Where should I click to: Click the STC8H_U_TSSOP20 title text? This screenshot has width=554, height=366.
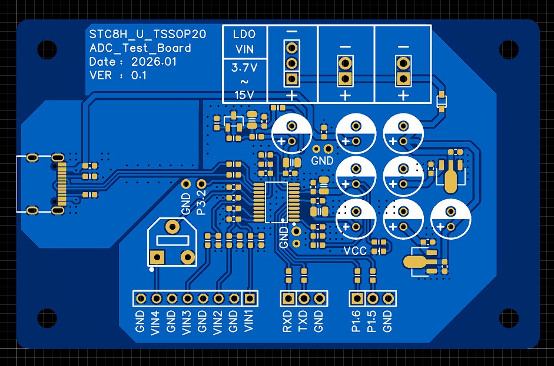pyautogui.click(x=148, y=34)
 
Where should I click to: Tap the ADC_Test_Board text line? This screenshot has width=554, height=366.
pyautogui.click(x=140, y=48)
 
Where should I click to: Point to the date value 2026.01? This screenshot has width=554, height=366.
pyautogui.click(x=154, y=62)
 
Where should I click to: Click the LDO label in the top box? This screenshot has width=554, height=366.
pyautogui.click(x=244, y=34)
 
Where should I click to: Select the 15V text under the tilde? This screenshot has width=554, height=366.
pyautogui.click(x=244, y=95)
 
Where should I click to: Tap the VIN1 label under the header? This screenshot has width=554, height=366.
pyautogui.click(x=249, y=321)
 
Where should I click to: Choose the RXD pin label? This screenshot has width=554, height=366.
pyautogui.click(x=288, y=321)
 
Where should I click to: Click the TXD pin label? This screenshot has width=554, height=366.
pyautogui.click(x=303, y=321)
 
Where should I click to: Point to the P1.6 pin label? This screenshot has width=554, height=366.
pyautogui.click(x=356, y=321)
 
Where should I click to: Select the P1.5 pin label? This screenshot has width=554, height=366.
pyautogui.click(x=371, y=321)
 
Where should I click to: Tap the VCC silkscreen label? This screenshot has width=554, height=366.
pyautogui.click(x=355, y=251)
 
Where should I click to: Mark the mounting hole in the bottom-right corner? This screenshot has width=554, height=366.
pyautogui.click(x=509, y=318)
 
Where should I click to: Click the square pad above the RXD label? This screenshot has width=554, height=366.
pyautogui.click(x=288, y=298)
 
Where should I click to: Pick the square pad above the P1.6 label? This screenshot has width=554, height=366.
pyautogui.click(x=357, y=298)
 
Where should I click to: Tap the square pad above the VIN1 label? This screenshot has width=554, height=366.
pyautogui.click(x=250, y=298)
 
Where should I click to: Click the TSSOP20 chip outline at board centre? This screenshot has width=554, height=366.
pyautogui.click(x=277, y=203)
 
